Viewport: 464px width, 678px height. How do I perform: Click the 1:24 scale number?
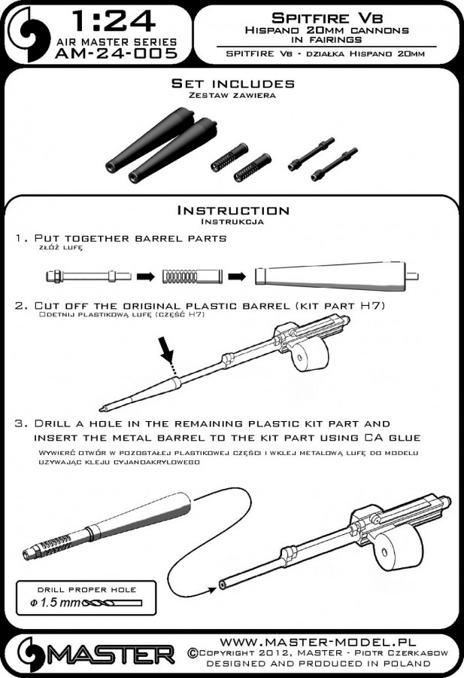(x=113, y=20)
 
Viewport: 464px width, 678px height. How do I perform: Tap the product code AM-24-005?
(x=116, y=53)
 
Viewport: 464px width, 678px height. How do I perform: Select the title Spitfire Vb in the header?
(x=326, y=18)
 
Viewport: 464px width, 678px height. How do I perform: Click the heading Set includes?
(x=232, y=84)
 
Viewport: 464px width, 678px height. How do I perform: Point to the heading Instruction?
(x=233, y=211)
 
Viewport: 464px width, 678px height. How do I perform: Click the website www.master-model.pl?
(x=317, y=642)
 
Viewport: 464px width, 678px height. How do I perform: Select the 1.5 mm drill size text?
(x=55, y=603)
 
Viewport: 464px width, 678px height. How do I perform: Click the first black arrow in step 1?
(x=146, y=276)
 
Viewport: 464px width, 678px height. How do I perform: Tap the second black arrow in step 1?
(x=237, y=276)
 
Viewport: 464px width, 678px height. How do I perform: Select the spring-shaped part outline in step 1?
(x=193, y=276)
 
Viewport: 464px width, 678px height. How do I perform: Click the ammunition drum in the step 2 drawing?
(x=311, y=352)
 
